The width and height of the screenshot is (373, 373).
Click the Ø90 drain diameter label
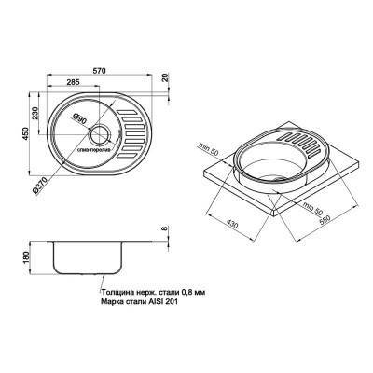click(79, 119)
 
